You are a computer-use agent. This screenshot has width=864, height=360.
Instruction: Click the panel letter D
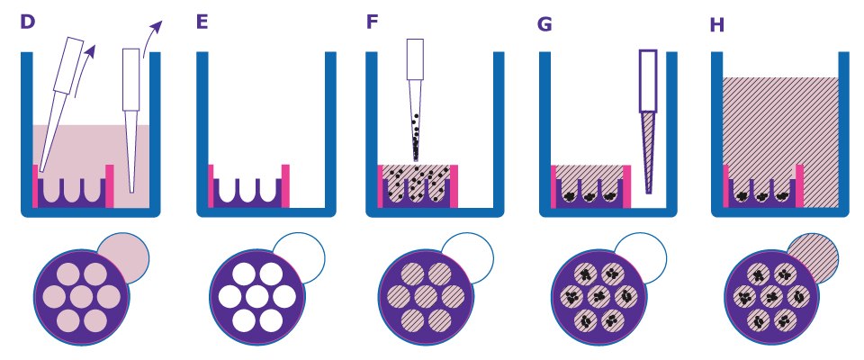pos(27,22)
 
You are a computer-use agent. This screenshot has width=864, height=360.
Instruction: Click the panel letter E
pos(202,22)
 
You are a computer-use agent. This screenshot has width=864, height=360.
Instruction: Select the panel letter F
pos(372,22)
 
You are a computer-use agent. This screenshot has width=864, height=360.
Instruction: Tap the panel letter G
pos(544,23)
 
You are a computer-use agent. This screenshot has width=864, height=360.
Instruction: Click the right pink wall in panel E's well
pos(285,185)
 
